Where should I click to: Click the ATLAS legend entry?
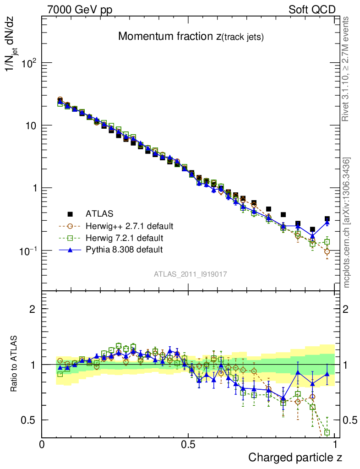pyautogui.click(x=99, y=213)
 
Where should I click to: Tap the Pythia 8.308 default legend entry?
pyautogui.click(x=124, y=250)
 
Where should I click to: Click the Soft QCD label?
pyautogui.click(x=312, y=10)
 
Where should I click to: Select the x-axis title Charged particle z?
pyautogui.click(x=295, y=457)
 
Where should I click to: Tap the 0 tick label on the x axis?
pyautogui.click(x=42, y=444)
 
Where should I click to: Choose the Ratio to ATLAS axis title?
pyautogui.click(x=15, y=364)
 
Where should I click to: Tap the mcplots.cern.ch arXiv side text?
pyautogui.click(x=347, y=223)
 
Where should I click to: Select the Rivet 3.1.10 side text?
pyautogui.click(x=347, y=69)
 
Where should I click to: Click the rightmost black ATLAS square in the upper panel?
pyautogui.click(x=327, y=219)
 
